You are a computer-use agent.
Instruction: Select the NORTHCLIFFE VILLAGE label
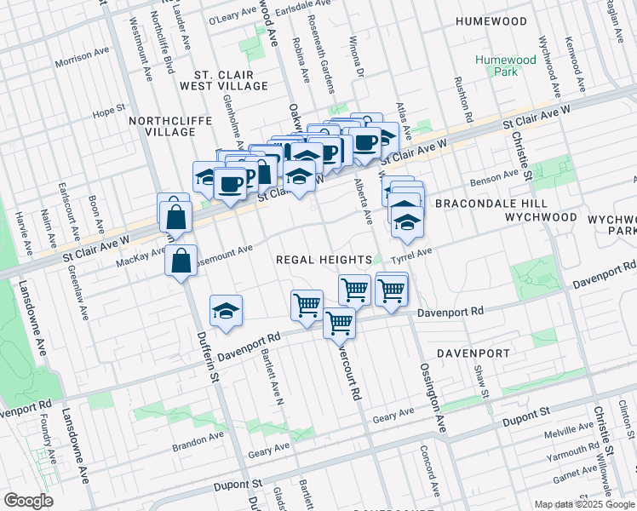(x=169, y=127)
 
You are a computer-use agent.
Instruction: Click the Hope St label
(x=109, y=111)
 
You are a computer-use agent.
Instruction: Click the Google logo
(x=28, y=500)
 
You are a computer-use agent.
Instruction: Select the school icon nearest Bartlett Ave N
(x=227, y=311)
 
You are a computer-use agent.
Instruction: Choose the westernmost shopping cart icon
(x=307, y=305)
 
